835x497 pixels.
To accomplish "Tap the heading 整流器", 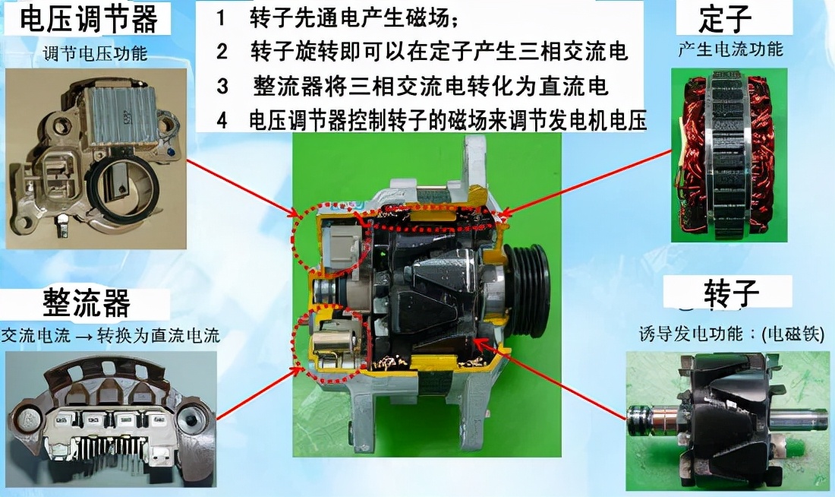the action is click(87, 303).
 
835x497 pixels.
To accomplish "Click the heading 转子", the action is click(731, 293).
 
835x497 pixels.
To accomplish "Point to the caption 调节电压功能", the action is click(96, 53).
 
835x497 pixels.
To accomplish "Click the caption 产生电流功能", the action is click(730, 49).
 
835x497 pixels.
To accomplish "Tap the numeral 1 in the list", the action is click(221, 19).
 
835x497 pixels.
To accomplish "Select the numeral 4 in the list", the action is click(222, 120).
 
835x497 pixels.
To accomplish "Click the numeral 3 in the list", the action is click(222, 86).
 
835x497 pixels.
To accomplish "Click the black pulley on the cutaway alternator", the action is click(528, 290).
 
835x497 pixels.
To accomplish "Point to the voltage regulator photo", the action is click(96, 158).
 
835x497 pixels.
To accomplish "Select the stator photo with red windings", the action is click(729, 155).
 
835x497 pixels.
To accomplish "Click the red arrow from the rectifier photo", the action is click(258, 394).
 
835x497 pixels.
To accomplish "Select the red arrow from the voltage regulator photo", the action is click(242, 188).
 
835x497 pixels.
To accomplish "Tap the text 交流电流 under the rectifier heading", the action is click(36, 335).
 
